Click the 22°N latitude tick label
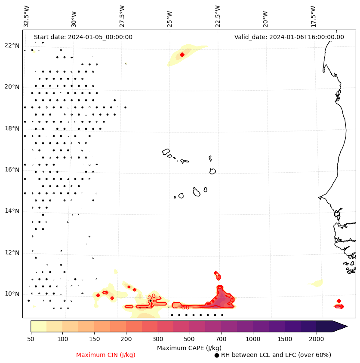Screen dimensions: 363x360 12,46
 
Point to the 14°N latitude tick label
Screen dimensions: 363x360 12,211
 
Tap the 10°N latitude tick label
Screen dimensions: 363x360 12,294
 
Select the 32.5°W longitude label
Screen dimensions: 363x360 27,16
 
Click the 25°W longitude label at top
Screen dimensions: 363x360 170,16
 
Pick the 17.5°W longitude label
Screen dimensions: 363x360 313,16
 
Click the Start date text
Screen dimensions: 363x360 83,37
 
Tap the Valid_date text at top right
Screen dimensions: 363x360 289,37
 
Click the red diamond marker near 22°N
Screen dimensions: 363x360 182,55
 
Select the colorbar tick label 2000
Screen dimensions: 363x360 316,339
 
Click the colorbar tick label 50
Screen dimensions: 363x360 31,339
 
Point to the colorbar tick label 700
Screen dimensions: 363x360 221,339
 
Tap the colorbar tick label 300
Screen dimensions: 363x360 158,339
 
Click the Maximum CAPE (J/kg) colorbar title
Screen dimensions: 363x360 189,348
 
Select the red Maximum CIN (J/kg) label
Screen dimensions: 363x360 106,355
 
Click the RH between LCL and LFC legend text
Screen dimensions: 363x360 276,355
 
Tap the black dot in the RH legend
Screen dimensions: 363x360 217,355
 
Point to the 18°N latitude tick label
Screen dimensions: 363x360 12,128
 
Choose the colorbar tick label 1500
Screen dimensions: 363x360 285,339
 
